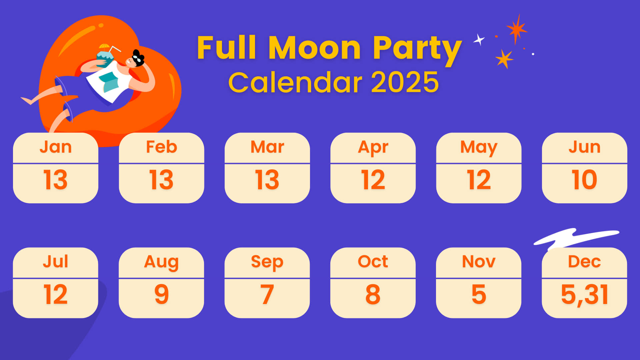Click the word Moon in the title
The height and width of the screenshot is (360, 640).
(x=314, y=48)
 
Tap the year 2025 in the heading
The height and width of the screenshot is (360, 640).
(x=405, y=82)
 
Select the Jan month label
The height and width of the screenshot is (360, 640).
(x=56, y=147)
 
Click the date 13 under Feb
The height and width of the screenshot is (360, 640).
(x=161, y=180)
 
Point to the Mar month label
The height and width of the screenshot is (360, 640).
(x=267, y=147)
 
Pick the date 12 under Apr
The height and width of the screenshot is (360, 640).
(x=373, y=180)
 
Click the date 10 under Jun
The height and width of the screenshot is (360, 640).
(x=584, y=180)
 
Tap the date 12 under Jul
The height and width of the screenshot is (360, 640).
(x=56, y=294)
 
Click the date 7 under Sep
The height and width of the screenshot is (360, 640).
(x=267, y=294)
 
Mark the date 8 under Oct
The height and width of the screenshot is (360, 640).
(x=373, y=294)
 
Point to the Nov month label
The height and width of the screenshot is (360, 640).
(x=479, y=261)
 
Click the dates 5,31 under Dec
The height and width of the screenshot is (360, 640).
(x=585, y=295)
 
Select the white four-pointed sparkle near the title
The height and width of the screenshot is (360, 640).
(x=479, y=40)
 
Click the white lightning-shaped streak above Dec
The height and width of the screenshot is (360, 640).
(x=576, y=238)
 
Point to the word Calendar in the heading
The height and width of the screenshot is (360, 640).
(x=295, y=82)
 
